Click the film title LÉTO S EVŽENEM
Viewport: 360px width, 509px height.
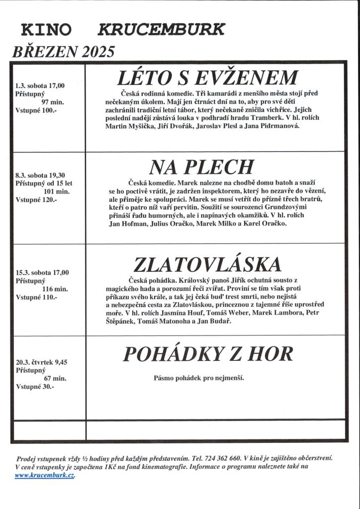click(207, 79)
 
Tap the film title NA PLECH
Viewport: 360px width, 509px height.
click(201, 168)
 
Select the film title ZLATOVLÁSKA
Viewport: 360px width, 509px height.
click(207, 264)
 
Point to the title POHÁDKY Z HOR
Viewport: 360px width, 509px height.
click(208, 354)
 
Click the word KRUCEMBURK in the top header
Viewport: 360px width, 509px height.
click(162, 30)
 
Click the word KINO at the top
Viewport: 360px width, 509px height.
click(46, 31)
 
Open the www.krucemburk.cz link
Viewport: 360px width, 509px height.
click(45, 475)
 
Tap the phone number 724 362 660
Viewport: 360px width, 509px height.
click(224, 458)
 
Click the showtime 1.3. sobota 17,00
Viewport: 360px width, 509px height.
click(40, 85)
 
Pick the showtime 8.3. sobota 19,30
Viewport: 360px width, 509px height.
click(40, 175)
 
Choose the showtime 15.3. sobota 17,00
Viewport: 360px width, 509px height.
click(42, 272)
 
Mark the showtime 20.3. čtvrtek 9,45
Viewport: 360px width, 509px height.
click(42, 362)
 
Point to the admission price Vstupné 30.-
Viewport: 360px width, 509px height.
click(35, 386)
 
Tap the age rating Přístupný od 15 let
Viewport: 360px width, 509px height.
click(44, 183)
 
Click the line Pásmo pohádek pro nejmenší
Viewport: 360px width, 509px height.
click(199, 378)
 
